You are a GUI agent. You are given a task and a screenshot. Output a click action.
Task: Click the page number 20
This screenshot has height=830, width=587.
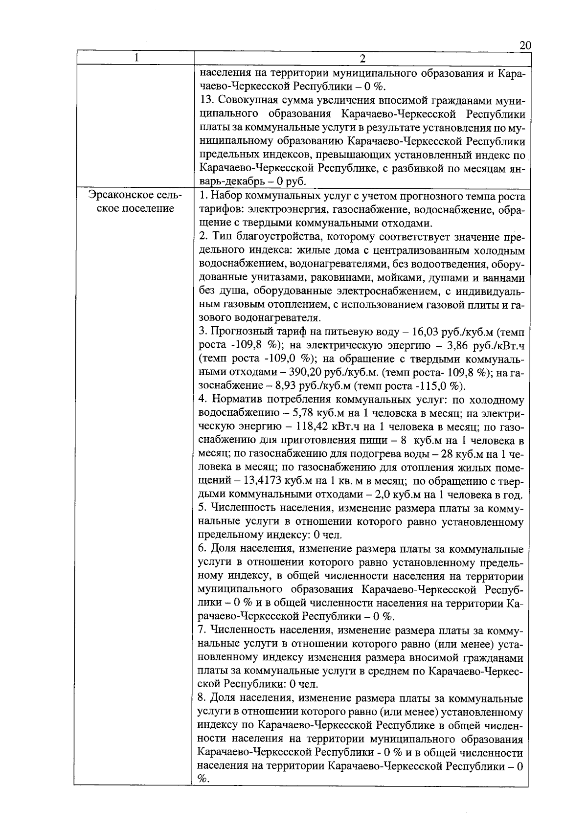click(525, 45)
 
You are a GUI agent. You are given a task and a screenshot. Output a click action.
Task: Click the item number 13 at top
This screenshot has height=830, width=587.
click(207, 101)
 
